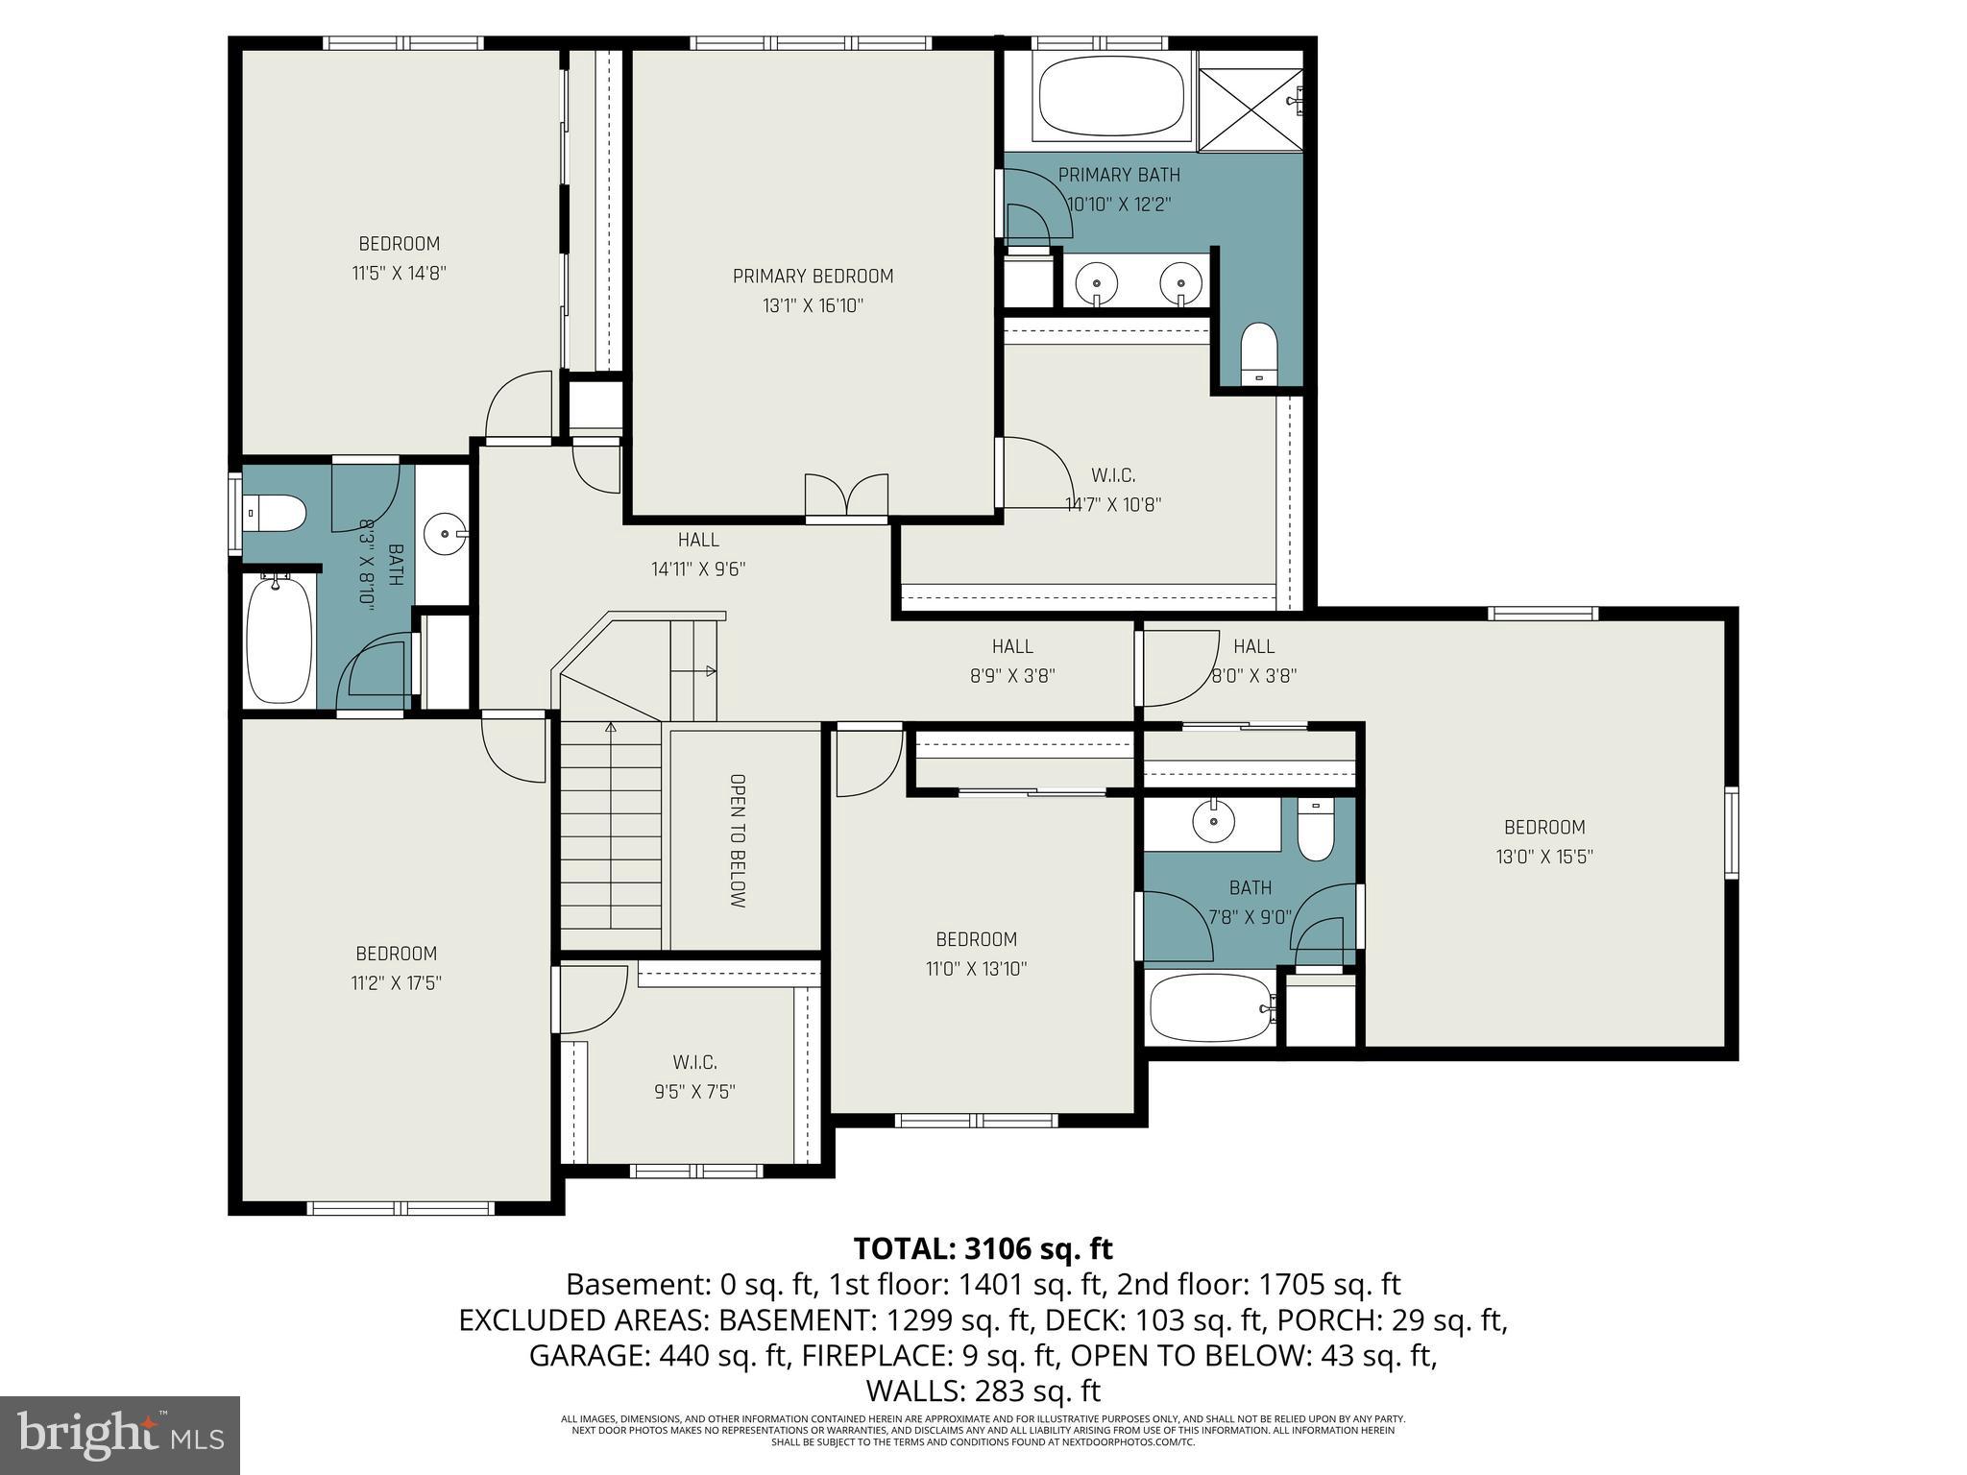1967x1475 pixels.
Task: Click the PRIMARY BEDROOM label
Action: pyautogui.click(x=813, y=277)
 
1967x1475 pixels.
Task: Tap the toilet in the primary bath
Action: pyautogui.click(x=1259, y=353)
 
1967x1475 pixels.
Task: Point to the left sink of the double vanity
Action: pyautogui.click(x=1096, y=283)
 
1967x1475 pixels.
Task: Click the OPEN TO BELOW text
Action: pyautogui.click(x=738, y=841)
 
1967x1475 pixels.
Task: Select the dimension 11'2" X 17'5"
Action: pyautogui.click(x=397, y=983)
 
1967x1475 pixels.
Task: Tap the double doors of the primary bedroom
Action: pyautogui.click(x=846, y=497)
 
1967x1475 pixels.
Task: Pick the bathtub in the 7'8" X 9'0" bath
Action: pyautogui.click(x=1210, y=1008)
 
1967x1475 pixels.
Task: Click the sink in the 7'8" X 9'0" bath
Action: pyautogui.click(x=1213, y=822)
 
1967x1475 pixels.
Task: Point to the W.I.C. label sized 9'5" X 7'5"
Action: pyautogui.click(x=694, y=1062)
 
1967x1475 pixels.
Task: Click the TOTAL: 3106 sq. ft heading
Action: pyautogui.click(x=983, y=1248)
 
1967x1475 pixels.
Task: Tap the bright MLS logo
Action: pyautogui.click(x=120, y=1436)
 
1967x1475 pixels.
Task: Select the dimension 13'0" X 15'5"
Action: pyautogui.click(x=1543, y=857)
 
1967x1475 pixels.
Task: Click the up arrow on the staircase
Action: pyautogui.click(x=611, y=728)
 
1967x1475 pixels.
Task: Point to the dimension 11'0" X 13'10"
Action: pyautogui.click(x=976, y=969)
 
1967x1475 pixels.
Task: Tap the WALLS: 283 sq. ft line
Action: pyautogui.click(x=983, y=1390)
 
